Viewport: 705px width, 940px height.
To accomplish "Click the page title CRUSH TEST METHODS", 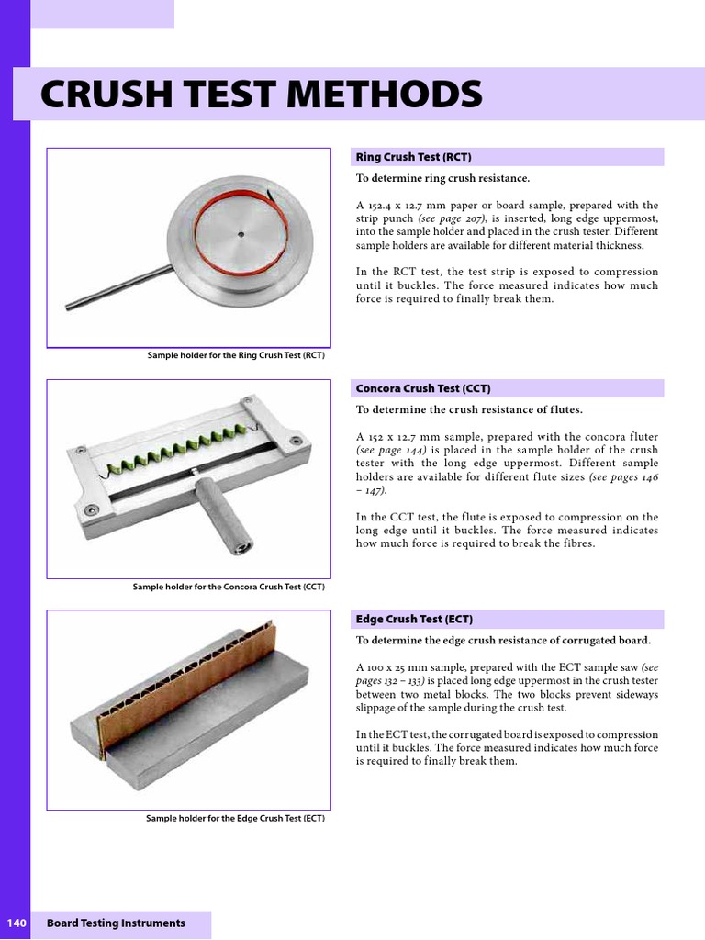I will pyautogui.click(x=261, y=95).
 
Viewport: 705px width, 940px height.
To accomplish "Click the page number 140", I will pyautogui.click(x=17, y=923).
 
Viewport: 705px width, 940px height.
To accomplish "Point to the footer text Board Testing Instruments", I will pyautogui.click(x=116, y=923).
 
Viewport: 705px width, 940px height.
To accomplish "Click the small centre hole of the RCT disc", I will pyautogui.click(x=241, y=234).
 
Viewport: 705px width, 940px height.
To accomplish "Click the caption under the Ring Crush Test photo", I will pyautogui.click(x=236, y=355).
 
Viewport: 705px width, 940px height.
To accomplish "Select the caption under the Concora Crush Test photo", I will pyautogui.click(x=229, y=587).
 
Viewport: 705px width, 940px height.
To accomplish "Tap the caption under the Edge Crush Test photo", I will pyautogui.click(x=235, y=818).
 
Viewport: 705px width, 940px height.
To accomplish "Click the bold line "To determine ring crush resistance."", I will pyautogui.click(x=442, y=178).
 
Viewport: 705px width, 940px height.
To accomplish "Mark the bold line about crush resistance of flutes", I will pyautogui.click(x=469, y=409).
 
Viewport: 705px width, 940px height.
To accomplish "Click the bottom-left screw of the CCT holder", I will pyautogui.click(x=90, y=509).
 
